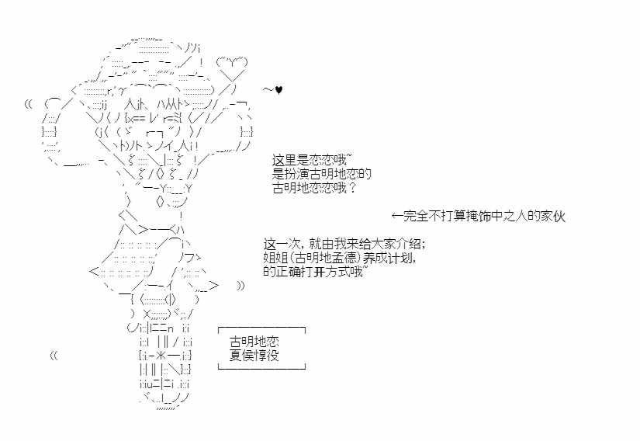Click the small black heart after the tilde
click(x=279, y=90)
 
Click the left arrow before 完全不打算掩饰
click(x=397, y=217)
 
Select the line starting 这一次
click(x=344, y=244)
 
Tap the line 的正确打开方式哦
click(x=313, y=273)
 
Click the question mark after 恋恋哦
click(x=352, y=188)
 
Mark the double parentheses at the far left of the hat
click(x=29, y=103)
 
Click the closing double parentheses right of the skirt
click(x=240, y=286)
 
